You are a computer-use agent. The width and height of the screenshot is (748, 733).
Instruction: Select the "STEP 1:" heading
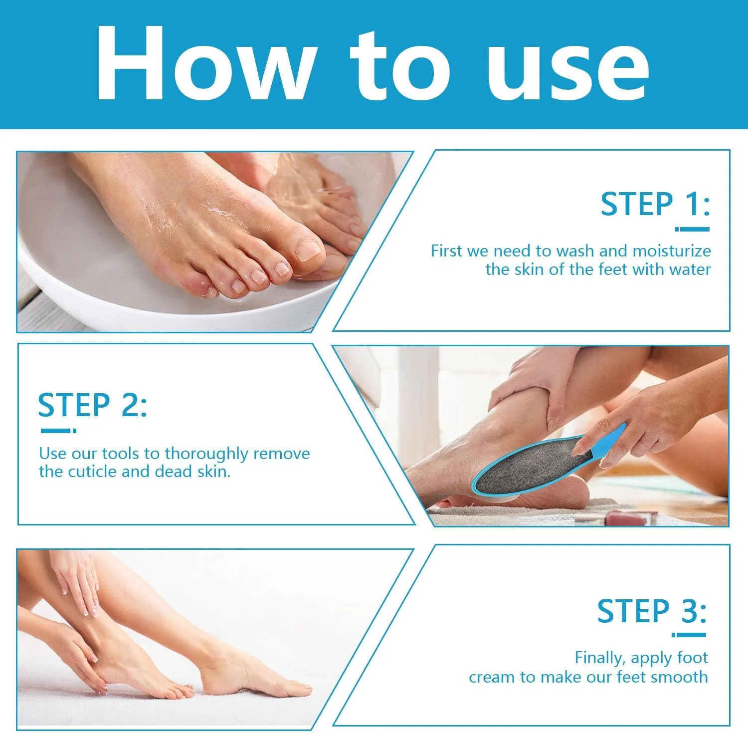point(655,204)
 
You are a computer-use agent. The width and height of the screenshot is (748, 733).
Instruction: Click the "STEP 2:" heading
point(93,405)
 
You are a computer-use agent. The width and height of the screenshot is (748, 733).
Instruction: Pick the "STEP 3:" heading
point(652,611)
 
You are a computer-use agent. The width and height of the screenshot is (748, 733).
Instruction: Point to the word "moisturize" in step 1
point(672,250)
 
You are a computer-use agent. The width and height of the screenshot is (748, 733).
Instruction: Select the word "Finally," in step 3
point(600,658)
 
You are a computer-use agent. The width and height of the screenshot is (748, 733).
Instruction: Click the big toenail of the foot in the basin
point(308,249)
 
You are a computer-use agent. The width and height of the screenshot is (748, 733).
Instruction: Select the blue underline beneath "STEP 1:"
point(692,230)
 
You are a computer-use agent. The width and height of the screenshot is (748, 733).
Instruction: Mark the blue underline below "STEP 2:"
point(58,431)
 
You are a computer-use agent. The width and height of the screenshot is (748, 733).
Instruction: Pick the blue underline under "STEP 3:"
point(689,635)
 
